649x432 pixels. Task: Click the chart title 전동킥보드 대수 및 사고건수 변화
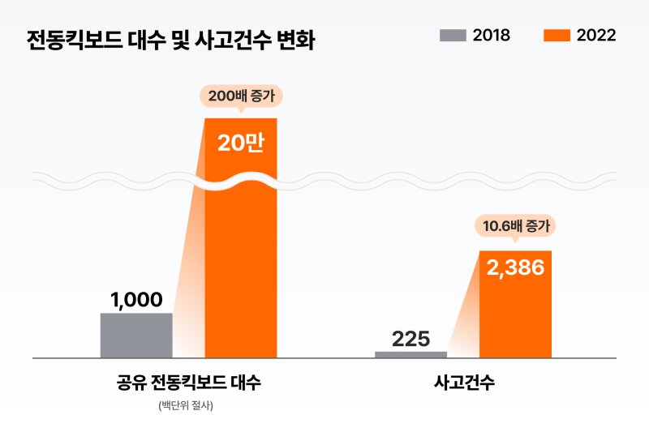point(170,40)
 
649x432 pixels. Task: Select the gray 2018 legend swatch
point(453,36)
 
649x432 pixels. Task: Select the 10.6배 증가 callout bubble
point(516,226)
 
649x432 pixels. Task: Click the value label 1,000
point(136,300)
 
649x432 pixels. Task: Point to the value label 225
point(410,338)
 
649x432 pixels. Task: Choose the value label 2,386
point(515,268)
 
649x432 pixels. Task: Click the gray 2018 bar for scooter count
point(136,335)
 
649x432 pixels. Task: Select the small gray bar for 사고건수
point(410,354)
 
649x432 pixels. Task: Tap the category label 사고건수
point(464,383)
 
